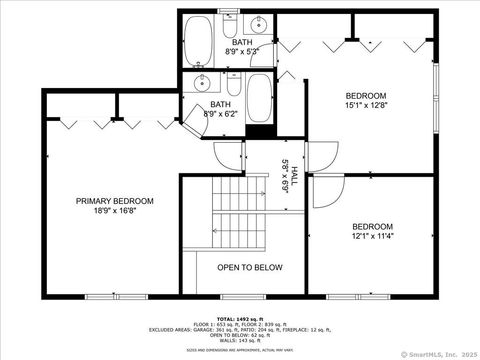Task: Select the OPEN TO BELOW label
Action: tap(250, 268)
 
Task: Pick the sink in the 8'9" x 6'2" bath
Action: tap(203, 84)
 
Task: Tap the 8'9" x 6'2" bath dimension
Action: tap(222, 113)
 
